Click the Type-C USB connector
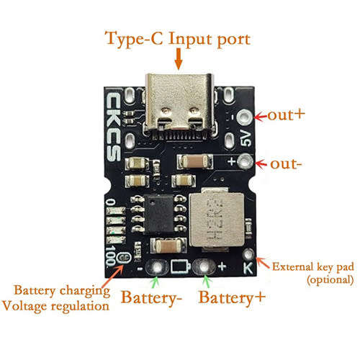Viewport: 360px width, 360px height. pyautogui.click(x=179, y=106)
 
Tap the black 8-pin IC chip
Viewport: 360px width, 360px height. pyautogui.click(x=159, y=214)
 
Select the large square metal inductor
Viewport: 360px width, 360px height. pyautogui.click(x=217, y=220)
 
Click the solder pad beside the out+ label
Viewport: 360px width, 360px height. pyautogui.click(x=244, y=117)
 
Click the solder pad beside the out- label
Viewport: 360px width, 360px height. pyautogui.click(x=245, y=161)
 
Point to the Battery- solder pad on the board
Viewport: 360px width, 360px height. pyautogui.click(x=157, y=266)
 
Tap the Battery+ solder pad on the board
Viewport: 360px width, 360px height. pyautogui.click(x=204, y=266)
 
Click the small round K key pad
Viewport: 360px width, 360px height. pyautogui.click(x=248, y=253)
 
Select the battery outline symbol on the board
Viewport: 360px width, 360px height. pyautogui.click(x=181, y=266)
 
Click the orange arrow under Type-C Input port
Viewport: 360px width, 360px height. pyautogui.click(x=179, y=59)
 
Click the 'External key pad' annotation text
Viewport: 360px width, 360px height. pyautogui.click(x=312, y=267)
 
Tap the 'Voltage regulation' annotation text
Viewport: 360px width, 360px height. pyautogui.click(x=55, y=306)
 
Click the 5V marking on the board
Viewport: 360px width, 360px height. pyautogui.click(x=246, y=138)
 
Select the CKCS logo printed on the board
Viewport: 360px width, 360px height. pyautogui.click(x=113, y=127)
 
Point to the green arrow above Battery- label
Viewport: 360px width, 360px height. pyautogui.click(x=156, y=282)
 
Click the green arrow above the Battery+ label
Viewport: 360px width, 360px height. pyautogui.click(x=207, y=282)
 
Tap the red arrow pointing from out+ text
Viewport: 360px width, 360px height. pyautogui.click(x=261, y=117)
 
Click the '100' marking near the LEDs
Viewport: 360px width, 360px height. pyautogui.click(x=110, y=256)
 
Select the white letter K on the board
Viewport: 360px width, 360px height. pyautogui.click(x=248, y=268)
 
